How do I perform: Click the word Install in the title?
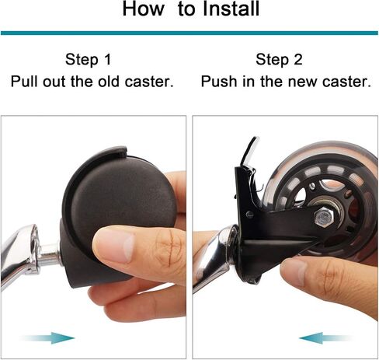click(x=231, y=9)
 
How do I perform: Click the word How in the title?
click(x=144, y=9)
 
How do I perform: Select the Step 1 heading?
click(x=89, y=59)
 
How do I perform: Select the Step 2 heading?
click(x=279, y=59)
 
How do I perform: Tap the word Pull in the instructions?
click(x=25, y=82)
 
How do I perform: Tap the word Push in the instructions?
click(x=219, y=82)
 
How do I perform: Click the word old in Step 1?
click(x=109, y=82)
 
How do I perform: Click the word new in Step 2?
click(x=302, y=82)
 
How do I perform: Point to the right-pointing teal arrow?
click(x=47, y=337)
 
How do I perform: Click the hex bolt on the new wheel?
click(x=324, y=217)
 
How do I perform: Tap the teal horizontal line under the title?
click(x=189, y=33)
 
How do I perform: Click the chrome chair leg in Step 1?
click(x=19, y=254)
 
